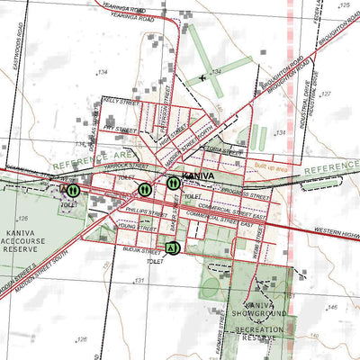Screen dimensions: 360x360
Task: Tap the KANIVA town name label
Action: tap(197, 175)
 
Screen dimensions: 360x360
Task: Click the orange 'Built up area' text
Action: tap(270, 167)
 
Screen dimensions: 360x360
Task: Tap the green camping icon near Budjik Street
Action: tap(172, 247)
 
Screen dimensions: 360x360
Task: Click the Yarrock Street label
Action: tap(124, 166)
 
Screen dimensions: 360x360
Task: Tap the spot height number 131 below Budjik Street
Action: tap(139, 281)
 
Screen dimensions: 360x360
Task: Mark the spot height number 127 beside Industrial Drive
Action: tap(326, 94)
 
